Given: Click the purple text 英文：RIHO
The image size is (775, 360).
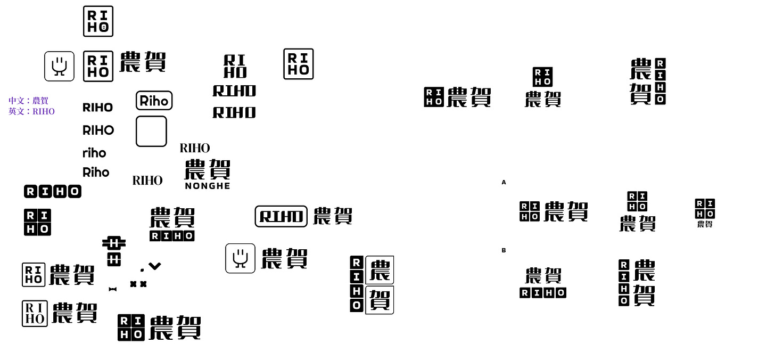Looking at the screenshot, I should (31, 112).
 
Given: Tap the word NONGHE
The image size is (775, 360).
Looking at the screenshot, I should (208, 186).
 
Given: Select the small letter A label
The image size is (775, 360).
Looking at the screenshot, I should (504, 183).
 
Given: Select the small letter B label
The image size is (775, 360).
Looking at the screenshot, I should (504, 250).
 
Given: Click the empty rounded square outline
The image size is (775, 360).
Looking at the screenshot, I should (151, 131).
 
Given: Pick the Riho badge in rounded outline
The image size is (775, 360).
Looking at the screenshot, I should (154, 101).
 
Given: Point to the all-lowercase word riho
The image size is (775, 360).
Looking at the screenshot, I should (94, 153).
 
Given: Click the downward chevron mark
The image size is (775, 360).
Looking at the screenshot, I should (155, 266).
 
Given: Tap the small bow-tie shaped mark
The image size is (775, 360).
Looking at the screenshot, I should (112, 289).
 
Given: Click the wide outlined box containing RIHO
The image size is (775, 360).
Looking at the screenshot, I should (281, 216).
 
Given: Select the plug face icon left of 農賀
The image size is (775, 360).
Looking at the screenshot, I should (240, 258).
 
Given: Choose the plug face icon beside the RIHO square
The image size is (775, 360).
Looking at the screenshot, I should (59, 66).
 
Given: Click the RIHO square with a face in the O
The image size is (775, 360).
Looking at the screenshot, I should (98, 21).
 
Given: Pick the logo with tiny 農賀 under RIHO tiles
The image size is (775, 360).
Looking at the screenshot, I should (705, 213).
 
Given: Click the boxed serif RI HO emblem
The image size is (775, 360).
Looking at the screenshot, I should (34, 313).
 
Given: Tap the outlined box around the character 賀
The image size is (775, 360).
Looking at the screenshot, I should (380, 300).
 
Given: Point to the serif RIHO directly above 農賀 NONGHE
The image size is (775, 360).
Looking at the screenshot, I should (195, 148).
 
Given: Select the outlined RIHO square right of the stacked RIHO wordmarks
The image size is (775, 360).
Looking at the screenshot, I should (298, 64).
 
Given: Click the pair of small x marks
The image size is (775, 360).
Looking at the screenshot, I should (138, 284).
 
